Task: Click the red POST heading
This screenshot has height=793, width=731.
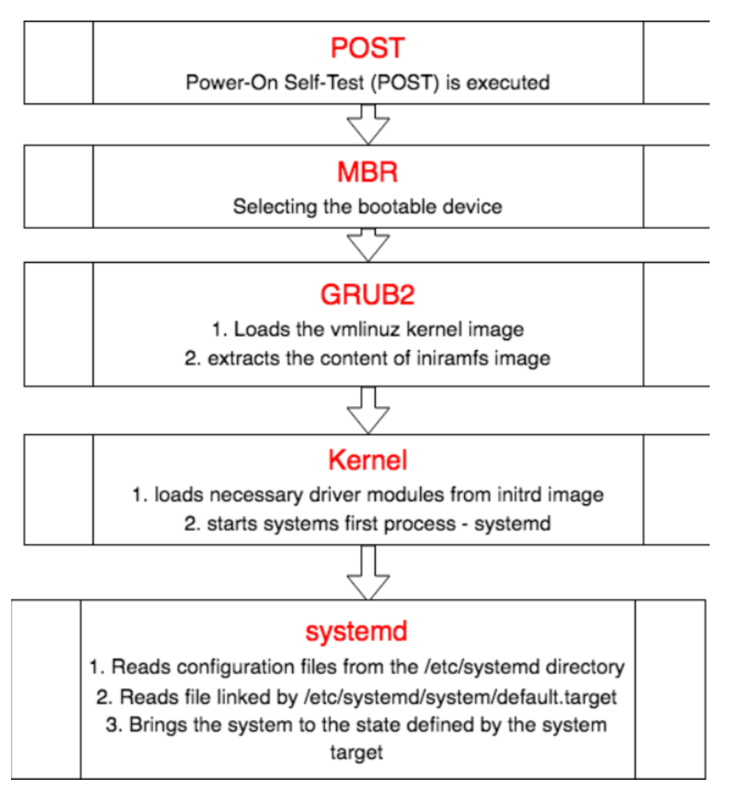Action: (367, 49)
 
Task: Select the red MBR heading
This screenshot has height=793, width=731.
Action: (367, 173)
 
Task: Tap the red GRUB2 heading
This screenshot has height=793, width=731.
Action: (367, 294)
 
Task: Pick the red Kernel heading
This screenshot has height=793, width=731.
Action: (367, 460)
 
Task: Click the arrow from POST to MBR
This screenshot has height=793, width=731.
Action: (367, 123)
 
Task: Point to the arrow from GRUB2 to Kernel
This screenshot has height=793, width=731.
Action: (367, 410)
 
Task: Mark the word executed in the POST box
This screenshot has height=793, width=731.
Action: (508, 82)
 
